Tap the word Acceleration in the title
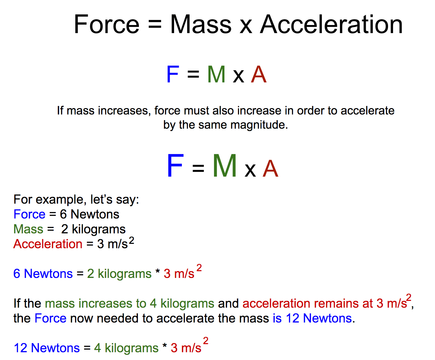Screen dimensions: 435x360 (x=331, y=24)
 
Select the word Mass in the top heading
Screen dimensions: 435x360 (x=201, y=24)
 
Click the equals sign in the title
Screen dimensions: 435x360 (x=154, y=25)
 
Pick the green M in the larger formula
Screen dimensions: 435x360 (x=224, y=165)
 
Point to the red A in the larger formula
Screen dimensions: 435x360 (x=270, y=169)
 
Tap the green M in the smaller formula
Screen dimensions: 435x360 (x=216, y=74)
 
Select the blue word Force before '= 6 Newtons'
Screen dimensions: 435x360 (x=29, y=214)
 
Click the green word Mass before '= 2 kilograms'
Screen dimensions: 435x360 (x=28, y=229)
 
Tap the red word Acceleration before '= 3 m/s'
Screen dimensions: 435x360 (x=48, y=244)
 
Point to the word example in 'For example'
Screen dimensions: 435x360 (x=60, y=200)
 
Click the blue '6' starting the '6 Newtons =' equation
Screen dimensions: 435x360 (x=17, y=274)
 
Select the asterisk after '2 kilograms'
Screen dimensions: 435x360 (x=158, y=271)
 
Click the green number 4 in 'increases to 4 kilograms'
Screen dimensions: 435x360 (x=153, y=303)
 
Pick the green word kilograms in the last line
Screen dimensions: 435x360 (x=131, y=348)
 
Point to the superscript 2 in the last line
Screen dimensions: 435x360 (x=206, y=341)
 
